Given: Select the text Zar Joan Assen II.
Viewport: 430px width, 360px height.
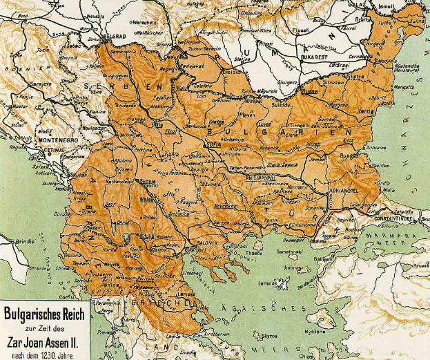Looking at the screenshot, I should (44, 341).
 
